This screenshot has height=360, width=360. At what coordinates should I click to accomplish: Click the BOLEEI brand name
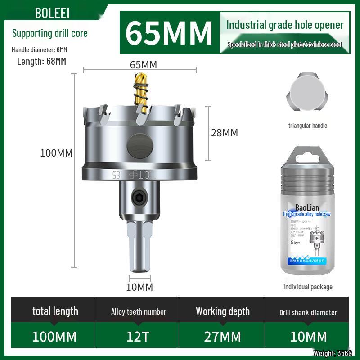(x=52, y=13)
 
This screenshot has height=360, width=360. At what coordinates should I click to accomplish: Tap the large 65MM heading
(x=169, y=32)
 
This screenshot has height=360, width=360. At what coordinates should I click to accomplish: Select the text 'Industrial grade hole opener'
(x=285, y=25)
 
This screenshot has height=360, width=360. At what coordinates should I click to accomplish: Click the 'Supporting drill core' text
(x=49, y=33)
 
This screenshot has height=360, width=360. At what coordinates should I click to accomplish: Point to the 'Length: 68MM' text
(x=41, y=62)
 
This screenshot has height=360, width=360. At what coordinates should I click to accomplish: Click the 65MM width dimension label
(x=143, y=65)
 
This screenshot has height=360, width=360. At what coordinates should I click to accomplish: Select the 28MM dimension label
(x=224, y=133)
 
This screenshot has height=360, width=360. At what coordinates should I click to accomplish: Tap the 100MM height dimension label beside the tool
(x=56, y=153)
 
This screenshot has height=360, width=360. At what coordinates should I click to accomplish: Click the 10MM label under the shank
(x=139, y=287)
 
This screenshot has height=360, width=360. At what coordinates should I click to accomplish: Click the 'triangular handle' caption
(x=308, y=126)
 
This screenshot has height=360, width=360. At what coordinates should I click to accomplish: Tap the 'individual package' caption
(x=308, y=287)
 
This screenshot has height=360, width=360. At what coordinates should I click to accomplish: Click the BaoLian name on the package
(x=306, y=207)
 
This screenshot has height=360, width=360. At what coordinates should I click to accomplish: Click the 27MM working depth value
(x=223, y=336)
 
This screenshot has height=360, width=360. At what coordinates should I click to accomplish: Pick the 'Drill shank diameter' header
(x=308, y=312)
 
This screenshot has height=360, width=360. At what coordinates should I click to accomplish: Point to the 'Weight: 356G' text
(x=333, y=354)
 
